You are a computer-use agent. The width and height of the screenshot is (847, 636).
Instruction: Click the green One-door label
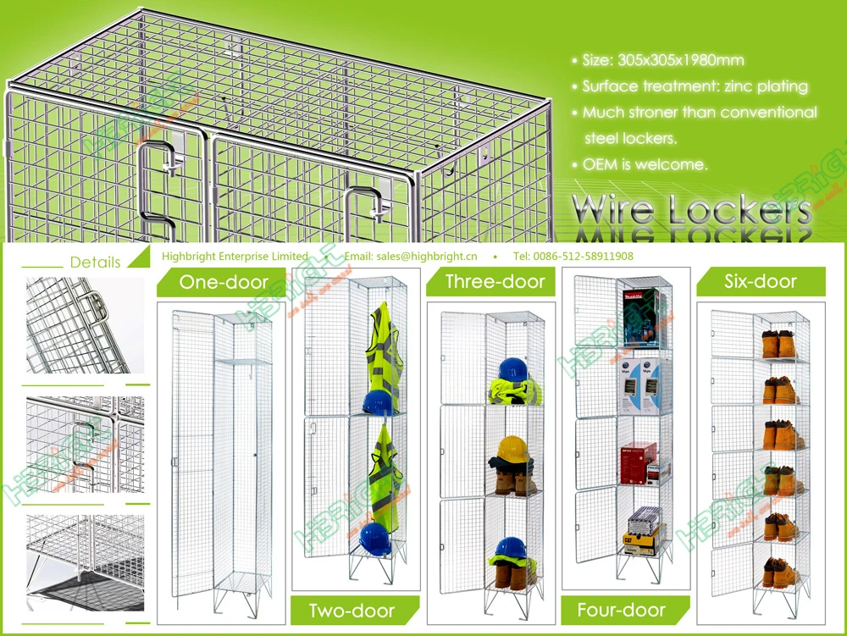pyautogui.click(x=224, y=282)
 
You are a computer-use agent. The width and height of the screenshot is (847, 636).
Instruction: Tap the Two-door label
pyautogui.click(x=352, y=610)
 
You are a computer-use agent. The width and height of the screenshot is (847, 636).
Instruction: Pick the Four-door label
pyautogui.click(x=621, y=610)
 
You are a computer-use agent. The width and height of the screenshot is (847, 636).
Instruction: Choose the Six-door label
pyautogui.click(x=761, y=281)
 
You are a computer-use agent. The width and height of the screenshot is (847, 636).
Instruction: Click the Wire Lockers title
pyautogui.click(x=691, y=210)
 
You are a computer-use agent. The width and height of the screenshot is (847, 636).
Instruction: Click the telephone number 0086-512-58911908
pyautogui.click(x=584, y=257)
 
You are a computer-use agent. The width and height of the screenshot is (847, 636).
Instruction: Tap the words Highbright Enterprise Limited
pyautogui.click(x=234, y=257)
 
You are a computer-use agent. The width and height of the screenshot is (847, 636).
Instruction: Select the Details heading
pyautogui.click(x=95, y=263)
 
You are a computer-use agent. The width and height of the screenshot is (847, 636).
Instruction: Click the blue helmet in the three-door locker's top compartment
pyautogui.click(x=512, y=370)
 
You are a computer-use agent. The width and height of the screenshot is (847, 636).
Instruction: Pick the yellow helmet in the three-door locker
pyautogui.click(x=513, y=447)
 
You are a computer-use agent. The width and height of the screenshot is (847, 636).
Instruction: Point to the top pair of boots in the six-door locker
pyautogui.click(x=780, y=346)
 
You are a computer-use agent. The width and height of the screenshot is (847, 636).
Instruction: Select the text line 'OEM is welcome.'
pyautogui.click(x=645, y=164)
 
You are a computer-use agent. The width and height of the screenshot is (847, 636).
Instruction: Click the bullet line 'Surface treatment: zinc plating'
pyautogui.click(x=695, y=86)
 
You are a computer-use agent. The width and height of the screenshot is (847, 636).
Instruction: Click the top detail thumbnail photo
pyautogui.click(x=85, y=325)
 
